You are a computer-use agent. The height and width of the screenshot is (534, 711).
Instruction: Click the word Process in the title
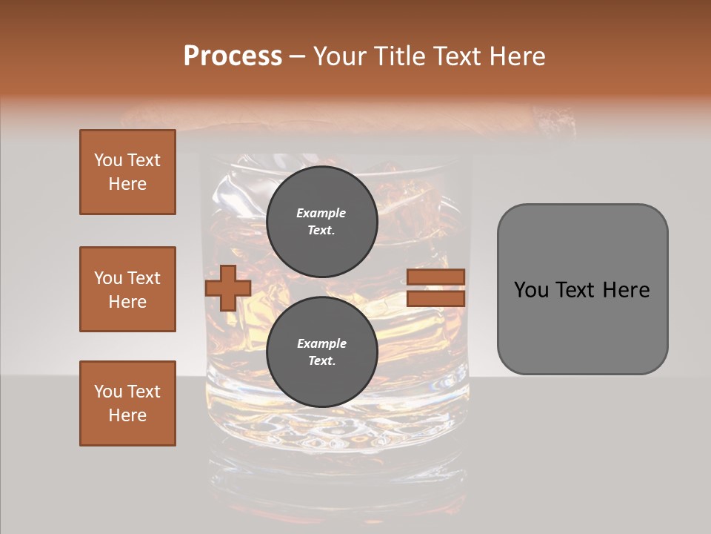[x=233, y=56]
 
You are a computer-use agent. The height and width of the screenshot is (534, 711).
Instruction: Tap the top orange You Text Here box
[x=127, y=172]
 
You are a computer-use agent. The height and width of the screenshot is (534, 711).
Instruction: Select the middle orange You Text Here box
[x=127, y=289]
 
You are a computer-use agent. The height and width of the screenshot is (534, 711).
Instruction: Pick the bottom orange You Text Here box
[x=127, y=403]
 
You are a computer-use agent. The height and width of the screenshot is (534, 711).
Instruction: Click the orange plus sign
[x=227, y=289]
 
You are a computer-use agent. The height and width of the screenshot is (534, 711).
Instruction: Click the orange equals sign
[x=435, y=289]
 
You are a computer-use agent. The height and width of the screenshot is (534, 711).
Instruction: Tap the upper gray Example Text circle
[x=321, y=222]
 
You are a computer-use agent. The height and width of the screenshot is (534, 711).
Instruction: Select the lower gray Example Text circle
[x=321, y=352]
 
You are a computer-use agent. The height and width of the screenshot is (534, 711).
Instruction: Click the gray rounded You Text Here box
[x=582, y=289]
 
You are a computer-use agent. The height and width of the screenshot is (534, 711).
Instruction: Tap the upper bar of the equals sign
[x=435, y=277]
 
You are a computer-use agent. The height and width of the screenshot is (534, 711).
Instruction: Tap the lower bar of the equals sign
[x=435, y=299]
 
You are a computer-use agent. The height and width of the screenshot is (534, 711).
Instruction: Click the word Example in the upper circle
[x=321, y=213]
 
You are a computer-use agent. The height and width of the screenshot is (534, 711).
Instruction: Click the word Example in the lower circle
[x=321, y=343]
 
